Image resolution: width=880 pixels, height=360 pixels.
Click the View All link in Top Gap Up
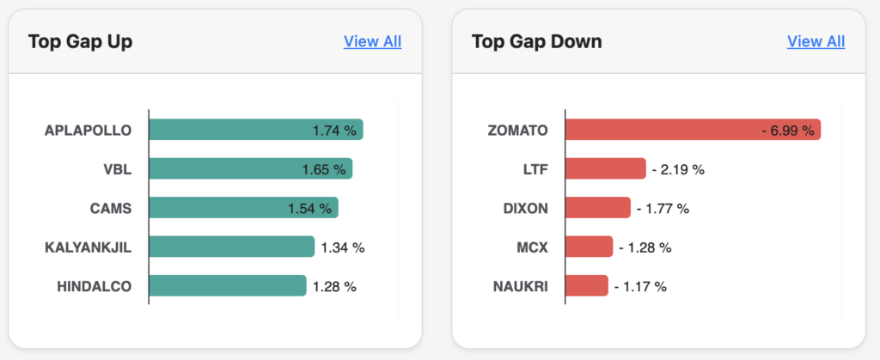372,41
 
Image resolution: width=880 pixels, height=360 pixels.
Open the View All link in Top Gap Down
816,41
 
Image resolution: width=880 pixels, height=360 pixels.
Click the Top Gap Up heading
80,41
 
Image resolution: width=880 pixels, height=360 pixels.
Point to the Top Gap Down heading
537,41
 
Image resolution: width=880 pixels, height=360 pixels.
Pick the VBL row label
117,169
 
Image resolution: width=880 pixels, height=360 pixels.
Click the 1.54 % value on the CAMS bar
310,209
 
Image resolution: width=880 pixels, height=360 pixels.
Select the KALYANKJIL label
89,247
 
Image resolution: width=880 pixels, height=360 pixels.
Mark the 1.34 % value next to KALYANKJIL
343,247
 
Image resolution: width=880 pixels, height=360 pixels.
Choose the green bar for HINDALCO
227,286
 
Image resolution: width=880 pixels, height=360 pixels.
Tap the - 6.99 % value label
786,131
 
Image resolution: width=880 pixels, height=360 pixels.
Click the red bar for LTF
605,169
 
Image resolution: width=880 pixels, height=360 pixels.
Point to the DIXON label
525,208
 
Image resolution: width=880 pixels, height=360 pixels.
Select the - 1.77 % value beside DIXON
663,208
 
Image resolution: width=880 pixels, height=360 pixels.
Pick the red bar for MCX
589,247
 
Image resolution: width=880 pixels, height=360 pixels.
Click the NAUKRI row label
520,286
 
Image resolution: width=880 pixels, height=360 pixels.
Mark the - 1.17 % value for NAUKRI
640,286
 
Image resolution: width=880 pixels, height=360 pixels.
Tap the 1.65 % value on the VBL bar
324,170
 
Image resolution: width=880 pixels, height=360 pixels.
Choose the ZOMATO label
517,131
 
